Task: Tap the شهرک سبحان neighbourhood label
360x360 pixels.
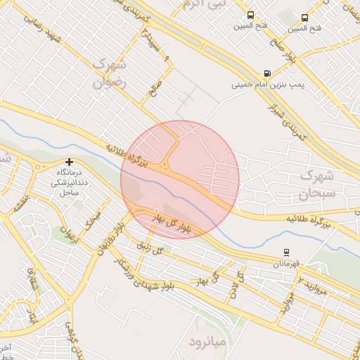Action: pyautogui.click(x=319, y=183)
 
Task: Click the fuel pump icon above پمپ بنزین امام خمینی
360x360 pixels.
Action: pyautogui.click(x=267, y=73)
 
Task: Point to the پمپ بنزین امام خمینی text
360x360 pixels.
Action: pyautogui.click(x=269, y=84)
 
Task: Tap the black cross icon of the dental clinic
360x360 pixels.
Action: pyautogui.click(x=69, y=162)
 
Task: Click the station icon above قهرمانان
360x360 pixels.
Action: pyautogui.click(x=286, y=252)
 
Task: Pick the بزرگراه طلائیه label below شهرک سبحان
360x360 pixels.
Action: pyautogui.click(x=311, y=219)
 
